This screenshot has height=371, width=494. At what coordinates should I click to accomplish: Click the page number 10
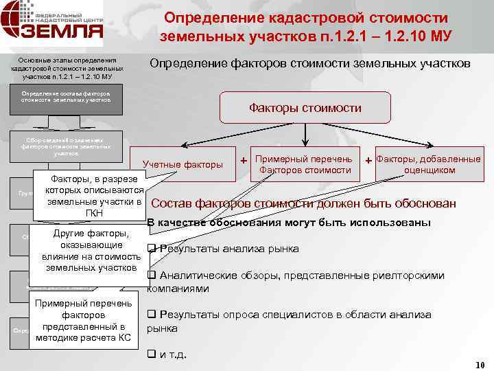[480, 365]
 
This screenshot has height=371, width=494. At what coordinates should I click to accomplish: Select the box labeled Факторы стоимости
[305, 108]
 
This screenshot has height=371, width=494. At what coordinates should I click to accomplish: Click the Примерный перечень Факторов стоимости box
[304, 164]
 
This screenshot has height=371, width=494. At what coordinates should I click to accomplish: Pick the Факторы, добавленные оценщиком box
[430, 164]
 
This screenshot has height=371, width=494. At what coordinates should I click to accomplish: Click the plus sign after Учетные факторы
[244, 160]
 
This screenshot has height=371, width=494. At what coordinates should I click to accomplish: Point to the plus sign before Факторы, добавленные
[368, 160]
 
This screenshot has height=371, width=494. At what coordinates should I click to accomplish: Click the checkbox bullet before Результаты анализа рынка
[152, 248]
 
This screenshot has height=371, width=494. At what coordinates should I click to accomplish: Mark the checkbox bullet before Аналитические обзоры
[152, 276]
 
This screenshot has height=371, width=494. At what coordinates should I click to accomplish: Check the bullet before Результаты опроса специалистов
[152, 315]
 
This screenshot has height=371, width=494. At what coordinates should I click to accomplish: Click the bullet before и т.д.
[152, 355]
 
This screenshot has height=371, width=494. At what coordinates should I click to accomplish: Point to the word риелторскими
[412, 276]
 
